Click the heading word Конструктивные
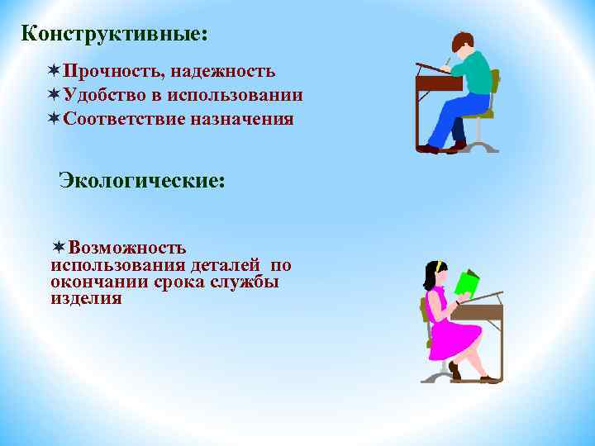(114, 35)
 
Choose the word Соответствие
(124, 119)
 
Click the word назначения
(242, 119)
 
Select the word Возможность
(127, 248)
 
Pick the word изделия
(86, 298)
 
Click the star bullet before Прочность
(55, 73)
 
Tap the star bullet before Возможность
(59, 248)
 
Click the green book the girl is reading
(467, 282)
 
